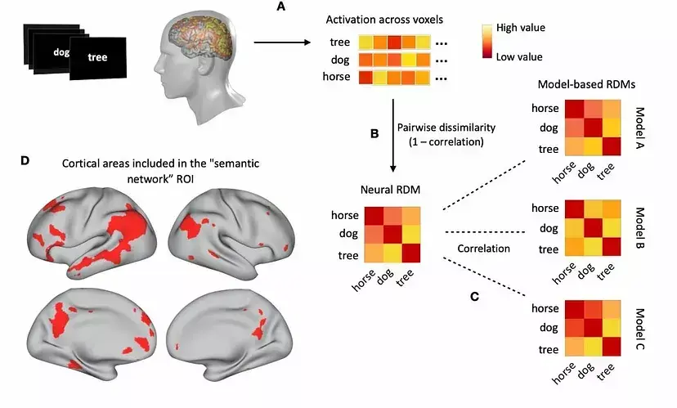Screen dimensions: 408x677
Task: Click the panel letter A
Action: click(x=283, y=7)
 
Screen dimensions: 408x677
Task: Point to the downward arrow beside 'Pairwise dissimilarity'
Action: click(x=393, y=135)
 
